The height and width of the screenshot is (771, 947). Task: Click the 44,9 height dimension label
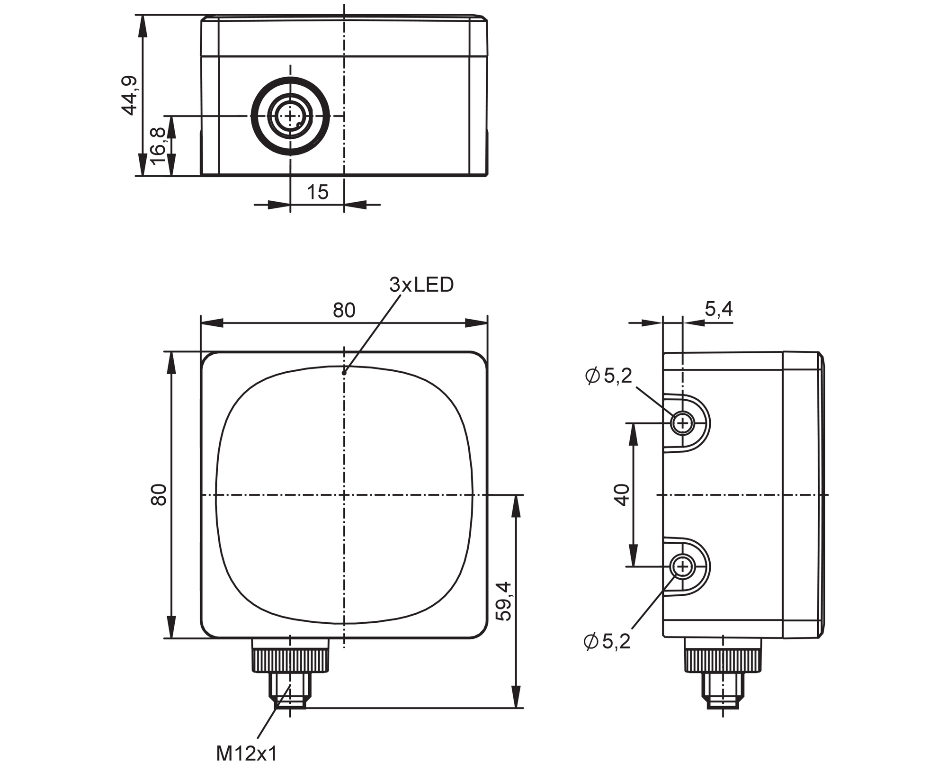(129, 95)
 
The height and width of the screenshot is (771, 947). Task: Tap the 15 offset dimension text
(317, 192)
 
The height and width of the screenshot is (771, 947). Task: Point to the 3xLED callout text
(421, 285)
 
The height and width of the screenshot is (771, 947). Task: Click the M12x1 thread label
(246, 753)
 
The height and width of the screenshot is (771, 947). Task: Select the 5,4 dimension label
(719, 309)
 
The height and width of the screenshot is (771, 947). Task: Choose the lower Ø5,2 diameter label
(608, 642)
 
